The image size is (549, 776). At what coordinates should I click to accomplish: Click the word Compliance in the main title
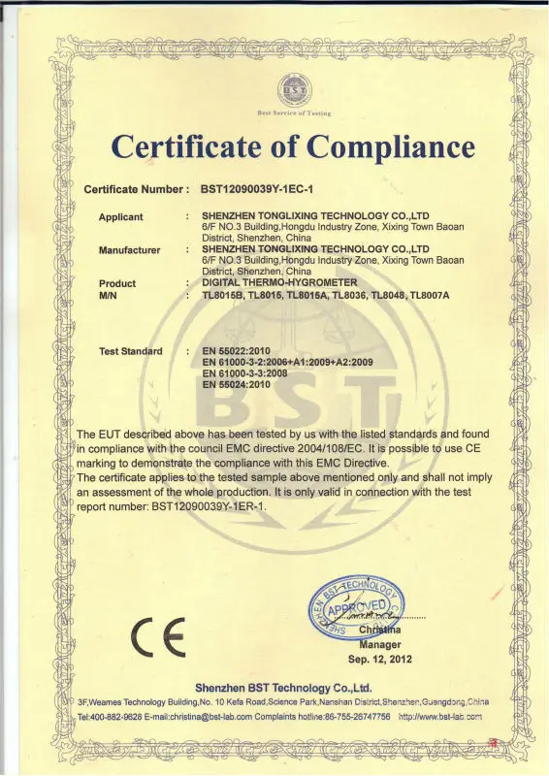(386, 146)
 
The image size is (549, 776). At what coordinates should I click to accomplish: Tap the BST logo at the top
(292, 91)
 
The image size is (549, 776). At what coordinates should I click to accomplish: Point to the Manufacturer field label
(129, 250)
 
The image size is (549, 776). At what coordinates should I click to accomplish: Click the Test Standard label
(130, 350)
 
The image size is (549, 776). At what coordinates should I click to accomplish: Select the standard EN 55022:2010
(237, 350)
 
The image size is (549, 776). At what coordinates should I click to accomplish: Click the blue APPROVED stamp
(355, 609)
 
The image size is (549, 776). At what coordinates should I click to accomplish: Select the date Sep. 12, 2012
(380, 658)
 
